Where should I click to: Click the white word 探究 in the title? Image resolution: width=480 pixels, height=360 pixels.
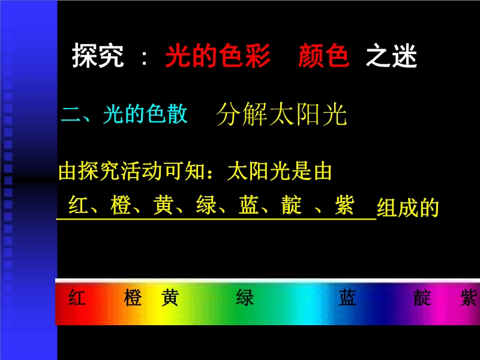click(98, 55)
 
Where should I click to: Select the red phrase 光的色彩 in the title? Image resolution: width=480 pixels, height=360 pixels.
click(218, 55)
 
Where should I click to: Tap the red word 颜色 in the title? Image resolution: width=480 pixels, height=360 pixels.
click(324, 55)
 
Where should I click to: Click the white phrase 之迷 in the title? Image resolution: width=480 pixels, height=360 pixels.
click(392, 55)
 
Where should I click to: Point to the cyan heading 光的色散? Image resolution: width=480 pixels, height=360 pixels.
click(145, 113)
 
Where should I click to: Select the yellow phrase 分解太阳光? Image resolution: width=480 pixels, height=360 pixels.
click(281, 114)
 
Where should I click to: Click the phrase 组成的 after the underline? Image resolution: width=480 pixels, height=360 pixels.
click(408, 208)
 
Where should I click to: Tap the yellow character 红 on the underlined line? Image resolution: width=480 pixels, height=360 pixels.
click(79, 205)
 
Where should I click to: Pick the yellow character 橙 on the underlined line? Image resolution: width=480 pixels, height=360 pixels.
click(121, 205)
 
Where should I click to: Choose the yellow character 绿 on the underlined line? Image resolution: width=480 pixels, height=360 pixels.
click(206, 205)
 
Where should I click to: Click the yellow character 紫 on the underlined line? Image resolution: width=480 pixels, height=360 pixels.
click(344, 205)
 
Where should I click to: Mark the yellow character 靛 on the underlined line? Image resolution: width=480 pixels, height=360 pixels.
click(292, 205)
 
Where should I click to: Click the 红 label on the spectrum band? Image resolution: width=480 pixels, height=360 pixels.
click(77, 297)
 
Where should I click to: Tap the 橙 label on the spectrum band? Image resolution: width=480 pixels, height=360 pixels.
click(133, 297)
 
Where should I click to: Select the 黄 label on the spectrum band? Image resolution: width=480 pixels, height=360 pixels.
click(170, 297)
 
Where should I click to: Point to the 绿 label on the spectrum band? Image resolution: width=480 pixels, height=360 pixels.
click(245, 297)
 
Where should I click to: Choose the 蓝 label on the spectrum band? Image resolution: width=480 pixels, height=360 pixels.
click(347, 297)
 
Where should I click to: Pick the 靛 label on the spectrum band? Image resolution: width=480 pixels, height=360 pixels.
click(422, 297)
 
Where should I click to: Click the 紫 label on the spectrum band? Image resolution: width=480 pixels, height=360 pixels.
click(469, 297)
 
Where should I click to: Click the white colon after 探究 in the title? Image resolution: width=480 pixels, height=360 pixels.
click(144, 58)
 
